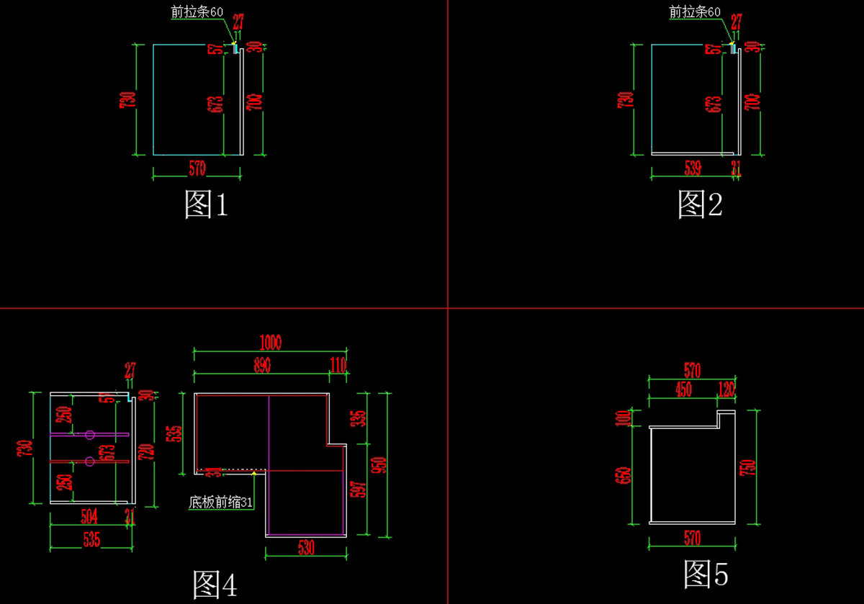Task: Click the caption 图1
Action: click(x=207, y=205)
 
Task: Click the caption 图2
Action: click(x=700, y=204)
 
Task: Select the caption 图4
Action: click(x=215, y=585)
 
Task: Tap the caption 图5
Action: click(x=706, y=574)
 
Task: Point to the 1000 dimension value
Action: click(x=271, y=343)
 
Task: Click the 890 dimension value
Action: click(x=261, y=365)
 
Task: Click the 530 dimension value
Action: click(x=306, y=548)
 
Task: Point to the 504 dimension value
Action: click(x=89, y=515)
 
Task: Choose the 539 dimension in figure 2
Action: click(x=692, y=168)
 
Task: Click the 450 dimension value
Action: click(x=683, y=389)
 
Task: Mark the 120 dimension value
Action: click(x=726, y=389)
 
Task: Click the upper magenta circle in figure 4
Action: click(x=89, y=435)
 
